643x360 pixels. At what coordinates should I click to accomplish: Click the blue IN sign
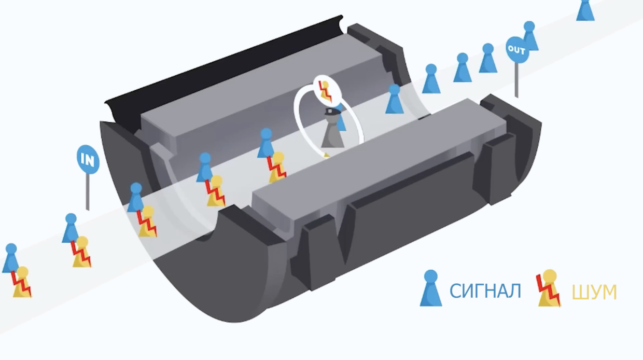(x=88, y=159)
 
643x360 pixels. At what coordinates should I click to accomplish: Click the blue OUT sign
(x=516, y=50)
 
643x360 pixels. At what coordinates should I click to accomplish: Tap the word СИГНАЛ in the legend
(x=485, y=292)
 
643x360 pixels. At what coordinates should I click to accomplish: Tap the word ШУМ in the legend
(x=594, y=293)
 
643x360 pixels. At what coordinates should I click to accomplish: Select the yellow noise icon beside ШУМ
(x=548, y=289)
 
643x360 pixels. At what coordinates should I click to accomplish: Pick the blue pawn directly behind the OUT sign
(x=530, y=37)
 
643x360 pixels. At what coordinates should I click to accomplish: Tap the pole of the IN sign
(x=88, y=192)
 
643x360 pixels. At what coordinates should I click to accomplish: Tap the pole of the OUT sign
(x=516, y=80)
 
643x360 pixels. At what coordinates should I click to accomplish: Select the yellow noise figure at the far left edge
(x=22, y=283)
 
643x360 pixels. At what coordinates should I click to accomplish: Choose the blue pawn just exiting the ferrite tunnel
(x=394, y=100)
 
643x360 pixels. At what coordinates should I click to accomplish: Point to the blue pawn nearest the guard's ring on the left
(x=265, y=144)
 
